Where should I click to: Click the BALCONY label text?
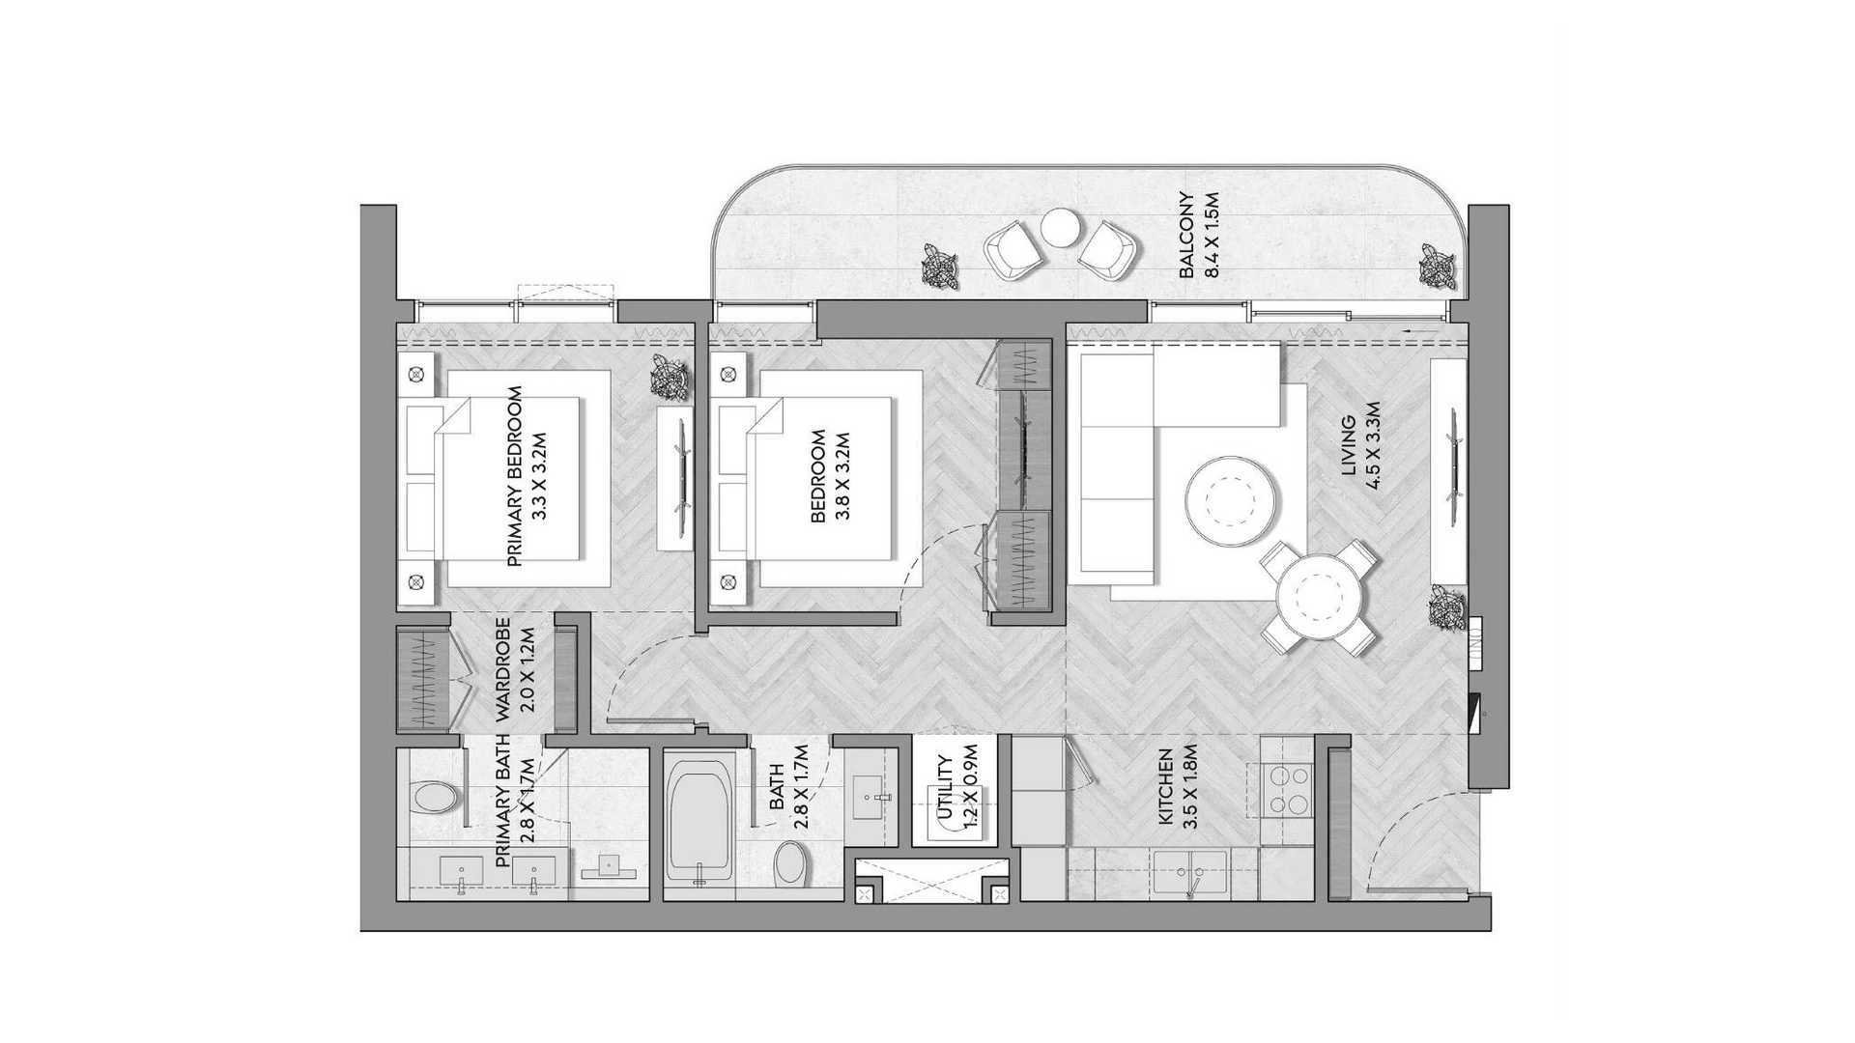[x=1186, y=237]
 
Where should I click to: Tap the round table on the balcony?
[x=1060, y=228]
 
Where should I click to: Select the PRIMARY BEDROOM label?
[x=514, y=476]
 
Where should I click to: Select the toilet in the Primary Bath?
[x=433, y=797]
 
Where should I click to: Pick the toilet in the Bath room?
[x=791, y=862]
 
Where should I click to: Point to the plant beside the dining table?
[x=1447, y=606]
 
